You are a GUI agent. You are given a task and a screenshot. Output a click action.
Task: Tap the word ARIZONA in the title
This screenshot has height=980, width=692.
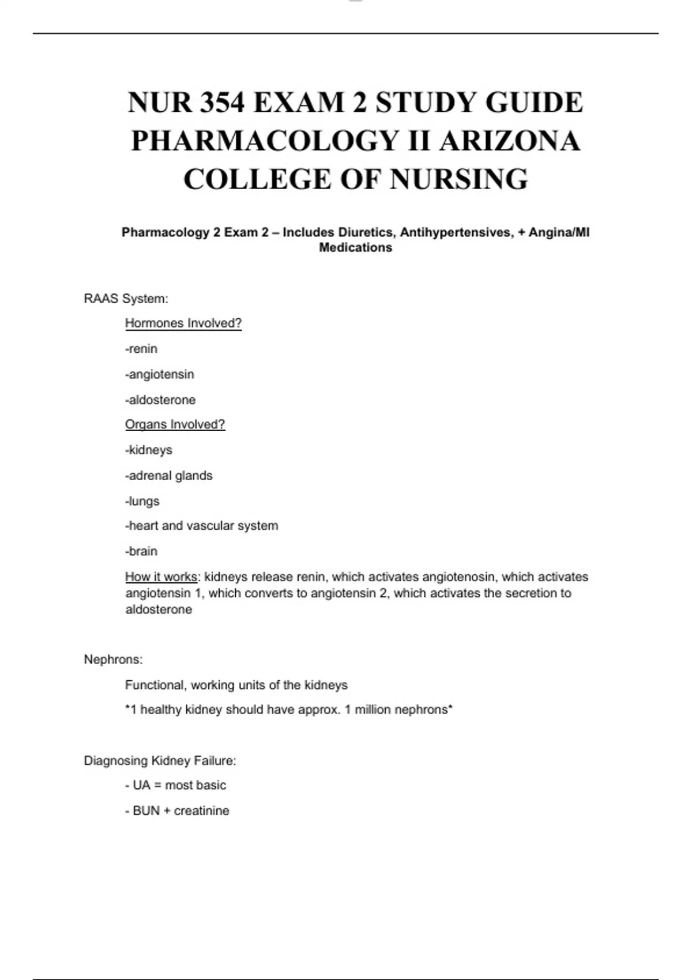click(x=509, y=141)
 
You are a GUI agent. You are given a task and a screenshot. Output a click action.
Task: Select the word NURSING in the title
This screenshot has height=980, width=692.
click(x=458, y=179)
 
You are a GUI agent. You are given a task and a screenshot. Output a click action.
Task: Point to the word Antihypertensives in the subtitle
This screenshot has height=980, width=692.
click(x=456, y=232)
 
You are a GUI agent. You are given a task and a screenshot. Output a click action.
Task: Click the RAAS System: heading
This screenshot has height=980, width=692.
click(x=126, y=299)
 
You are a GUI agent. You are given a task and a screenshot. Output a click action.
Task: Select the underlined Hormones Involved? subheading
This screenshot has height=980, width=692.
click(x=183, y=323)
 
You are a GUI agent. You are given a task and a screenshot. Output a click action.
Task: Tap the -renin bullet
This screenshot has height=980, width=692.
click(x=141, y=349)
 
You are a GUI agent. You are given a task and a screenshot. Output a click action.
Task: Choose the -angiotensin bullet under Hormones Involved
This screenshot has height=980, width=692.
click(x=160, y=374)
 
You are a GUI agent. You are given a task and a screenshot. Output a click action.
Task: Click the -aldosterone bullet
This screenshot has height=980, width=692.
click(x=160, y=399)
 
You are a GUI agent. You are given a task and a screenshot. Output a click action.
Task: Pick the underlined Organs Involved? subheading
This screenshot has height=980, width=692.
click(x=175, y=425)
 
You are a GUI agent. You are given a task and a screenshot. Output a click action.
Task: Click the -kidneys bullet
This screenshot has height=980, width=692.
click(x=149, y=450)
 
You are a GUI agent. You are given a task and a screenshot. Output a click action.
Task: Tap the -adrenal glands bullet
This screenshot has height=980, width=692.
click(x=169, y=476)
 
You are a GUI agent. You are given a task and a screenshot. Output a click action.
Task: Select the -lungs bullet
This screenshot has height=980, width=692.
click(x=142, y=501)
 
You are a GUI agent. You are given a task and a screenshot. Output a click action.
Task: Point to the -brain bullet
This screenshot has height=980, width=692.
click(x=141, y=551)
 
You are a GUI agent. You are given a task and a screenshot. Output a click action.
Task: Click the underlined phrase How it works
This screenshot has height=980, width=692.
click(x=161, y=577)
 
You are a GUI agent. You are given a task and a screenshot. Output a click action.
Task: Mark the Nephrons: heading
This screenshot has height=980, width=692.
click(x=113, y=659)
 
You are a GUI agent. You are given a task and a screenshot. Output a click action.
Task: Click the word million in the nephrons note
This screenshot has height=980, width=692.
click(x=374, y=710)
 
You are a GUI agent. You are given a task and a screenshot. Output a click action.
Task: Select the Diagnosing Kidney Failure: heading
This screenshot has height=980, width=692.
click(x=160, y=761)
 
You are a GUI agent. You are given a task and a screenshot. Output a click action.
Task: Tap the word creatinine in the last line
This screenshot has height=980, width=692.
click(x=201, y=811)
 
